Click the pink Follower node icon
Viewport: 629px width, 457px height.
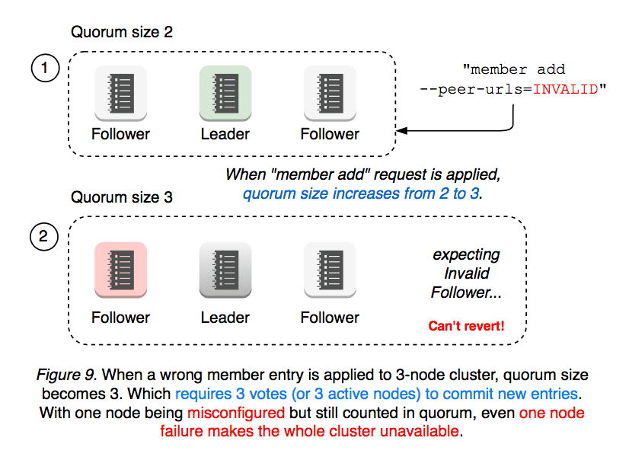[120, 269]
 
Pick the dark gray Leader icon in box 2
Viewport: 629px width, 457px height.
[225, 269]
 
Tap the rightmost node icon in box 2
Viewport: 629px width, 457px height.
[330, 269]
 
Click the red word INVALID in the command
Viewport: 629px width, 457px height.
[566, 89]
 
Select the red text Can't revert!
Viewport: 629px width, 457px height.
[466, 327]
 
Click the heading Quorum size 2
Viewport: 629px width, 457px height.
[122, 33]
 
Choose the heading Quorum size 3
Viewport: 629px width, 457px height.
[122, 198]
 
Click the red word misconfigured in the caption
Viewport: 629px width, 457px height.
[235, 412]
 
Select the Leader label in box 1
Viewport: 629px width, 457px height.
[225, 134]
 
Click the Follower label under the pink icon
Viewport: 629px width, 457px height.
[120, 318]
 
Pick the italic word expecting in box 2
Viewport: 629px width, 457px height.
[466, 255]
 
